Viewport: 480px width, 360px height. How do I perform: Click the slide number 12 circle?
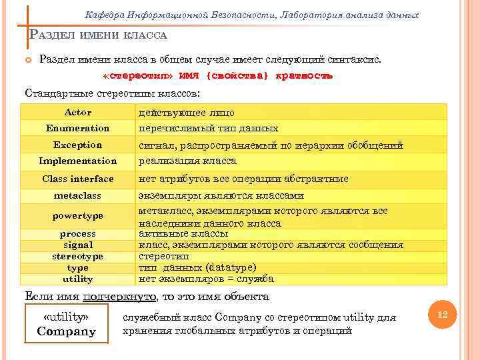pyautogui.click(x=441, y=313)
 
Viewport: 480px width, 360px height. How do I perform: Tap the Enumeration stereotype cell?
pyautogui.click(x=78, y=128)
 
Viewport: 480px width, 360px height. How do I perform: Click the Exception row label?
pyautogui.click(x=78, y=145)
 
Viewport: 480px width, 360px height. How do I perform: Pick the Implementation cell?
pyautogui.click(x=78, y=161)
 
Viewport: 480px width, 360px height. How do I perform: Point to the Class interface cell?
pyautogui.click(x=78, y=179)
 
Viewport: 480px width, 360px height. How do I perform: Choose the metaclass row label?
pyautogui.click(x=78, y=196)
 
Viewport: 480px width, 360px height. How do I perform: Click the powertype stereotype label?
pyautogui.click(x=78, y=215)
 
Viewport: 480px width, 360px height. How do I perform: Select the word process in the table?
pyautogui.click(x=78, y=233)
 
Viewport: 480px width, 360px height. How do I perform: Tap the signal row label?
pyautogui.click(x=78, y=245)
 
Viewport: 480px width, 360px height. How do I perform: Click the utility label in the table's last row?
pyautogui.click(x=78, y=279)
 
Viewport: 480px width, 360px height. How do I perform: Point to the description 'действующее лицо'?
pyautogui.click(x=186, y=113)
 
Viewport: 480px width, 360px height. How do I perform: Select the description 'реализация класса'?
pyautogui.click(x=187, y=161)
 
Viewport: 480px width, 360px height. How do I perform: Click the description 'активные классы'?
pyautogui.click(x=183, y=233)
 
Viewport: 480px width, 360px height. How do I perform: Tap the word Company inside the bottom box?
pyautogui.click(x=67, y=331)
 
